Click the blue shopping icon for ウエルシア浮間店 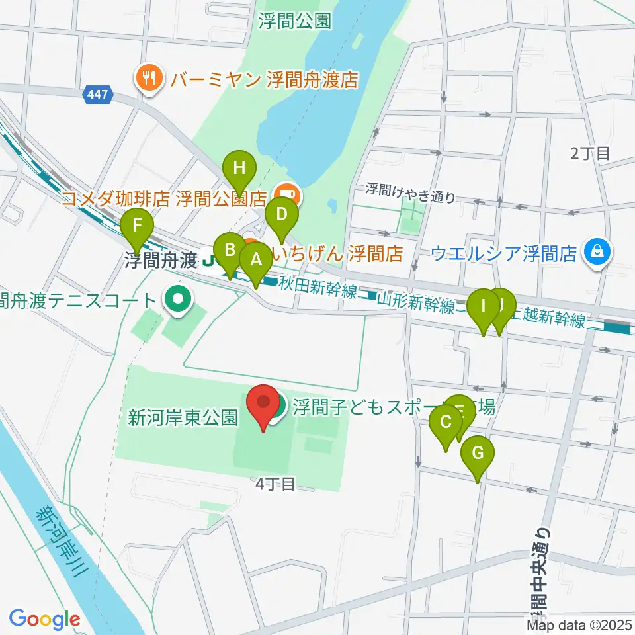pyautogui.click(x=597, y=253)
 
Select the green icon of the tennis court pyautogui.click(x=177, y=300)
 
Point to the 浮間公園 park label pyautogui.click(x=295, y=22)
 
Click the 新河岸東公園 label pyautogui.click(x=183, y=418)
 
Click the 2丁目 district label pyautogui.click(x=590, y=154)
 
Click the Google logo pyautogui.click(x=44, y=619)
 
